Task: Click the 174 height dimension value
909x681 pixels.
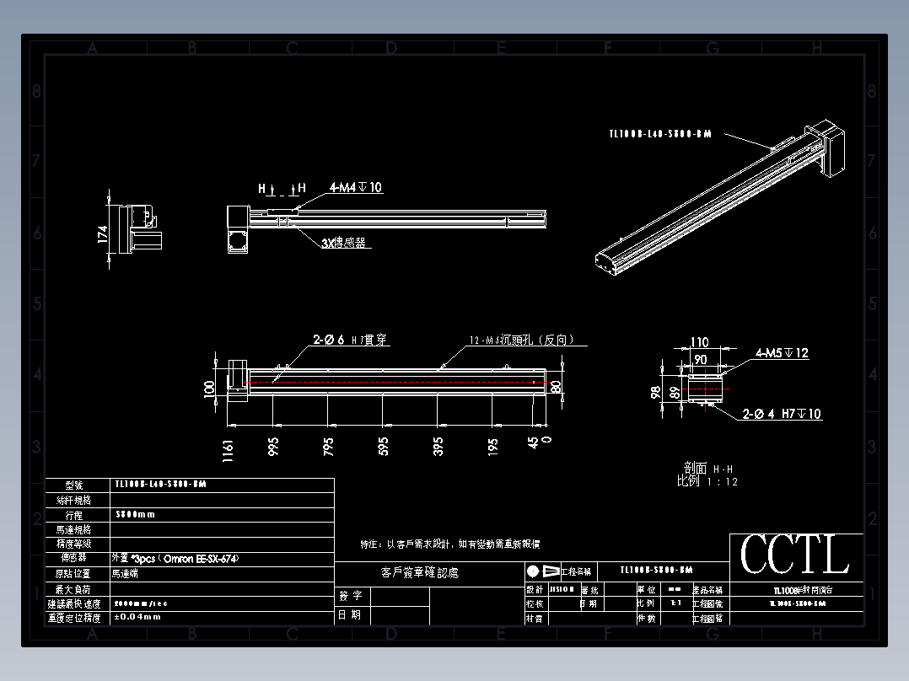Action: (x=103, y=233)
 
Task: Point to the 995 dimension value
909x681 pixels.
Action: (x=273, y=447)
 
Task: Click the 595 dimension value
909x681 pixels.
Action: (x=383, y=447)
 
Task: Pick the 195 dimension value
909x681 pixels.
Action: (x=493, y=447)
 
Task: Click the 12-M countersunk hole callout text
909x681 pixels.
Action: (x=522, y=340)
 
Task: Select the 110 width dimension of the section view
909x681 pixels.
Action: (x=700, y=343)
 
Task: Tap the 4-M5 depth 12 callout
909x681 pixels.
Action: (x=782, y=353)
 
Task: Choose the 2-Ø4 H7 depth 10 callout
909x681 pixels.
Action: (x=782, y=414)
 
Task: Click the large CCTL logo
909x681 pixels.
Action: (x=795, y=556)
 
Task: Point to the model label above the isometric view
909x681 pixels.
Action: (x=659, y=133)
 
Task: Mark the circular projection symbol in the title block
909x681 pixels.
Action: (x=533, y=571)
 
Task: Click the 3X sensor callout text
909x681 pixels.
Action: (x=343, y=243)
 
